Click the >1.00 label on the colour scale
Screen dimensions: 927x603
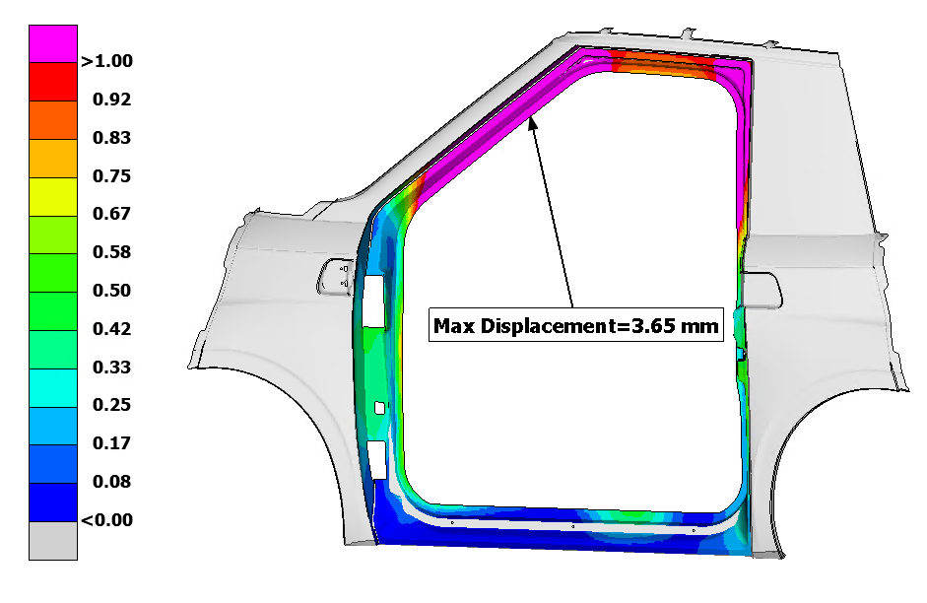107,61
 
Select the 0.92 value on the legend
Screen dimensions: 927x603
111,99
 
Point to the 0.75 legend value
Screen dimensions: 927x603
111,175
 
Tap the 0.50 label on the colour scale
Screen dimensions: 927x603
111,291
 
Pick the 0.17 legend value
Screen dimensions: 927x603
111,442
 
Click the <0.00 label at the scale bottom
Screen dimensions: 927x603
107,519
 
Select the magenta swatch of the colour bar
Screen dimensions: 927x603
53,43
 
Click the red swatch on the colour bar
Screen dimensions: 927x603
53,82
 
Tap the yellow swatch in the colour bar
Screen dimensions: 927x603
53,197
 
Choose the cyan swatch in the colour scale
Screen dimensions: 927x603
53,388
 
